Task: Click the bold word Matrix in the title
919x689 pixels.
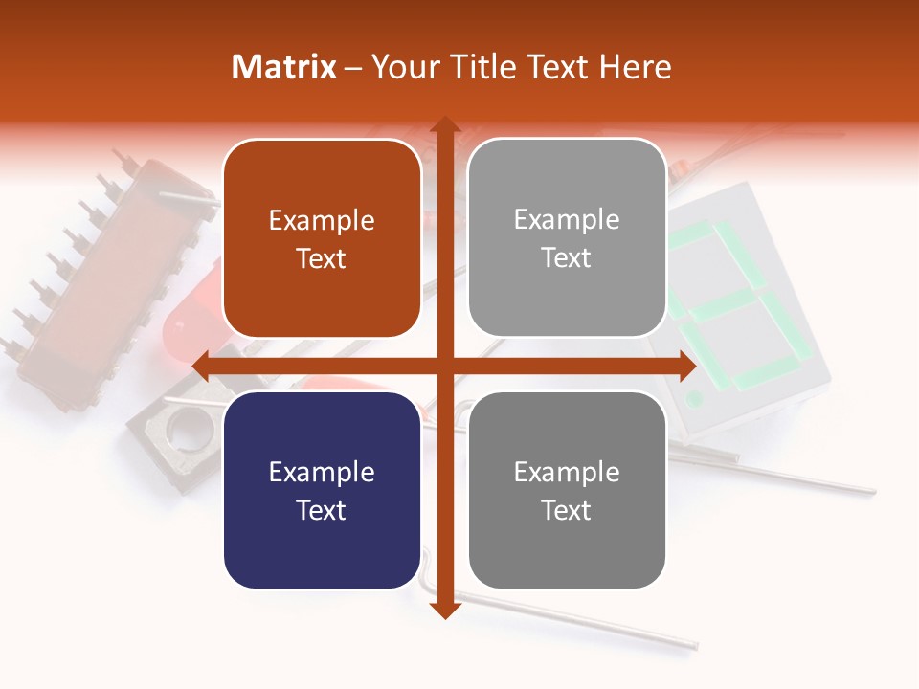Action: [x=284, y=67]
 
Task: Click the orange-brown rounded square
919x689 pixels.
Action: [x=322, y=238]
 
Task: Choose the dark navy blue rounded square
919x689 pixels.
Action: [x=322, y=490]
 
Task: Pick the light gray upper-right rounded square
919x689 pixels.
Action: [x=567, y=237]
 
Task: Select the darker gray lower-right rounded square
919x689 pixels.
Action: [x=567, y=490]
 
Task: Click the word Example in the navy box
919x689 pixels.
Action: [x=322, y=472]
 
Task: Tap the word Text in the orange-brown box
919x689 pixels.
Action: [x=322, y=258]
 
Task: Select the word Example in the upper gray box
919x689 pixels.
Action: [x=567, y=219]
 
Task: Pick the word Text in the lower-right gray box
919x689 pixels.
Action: [x=567, y=510]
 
